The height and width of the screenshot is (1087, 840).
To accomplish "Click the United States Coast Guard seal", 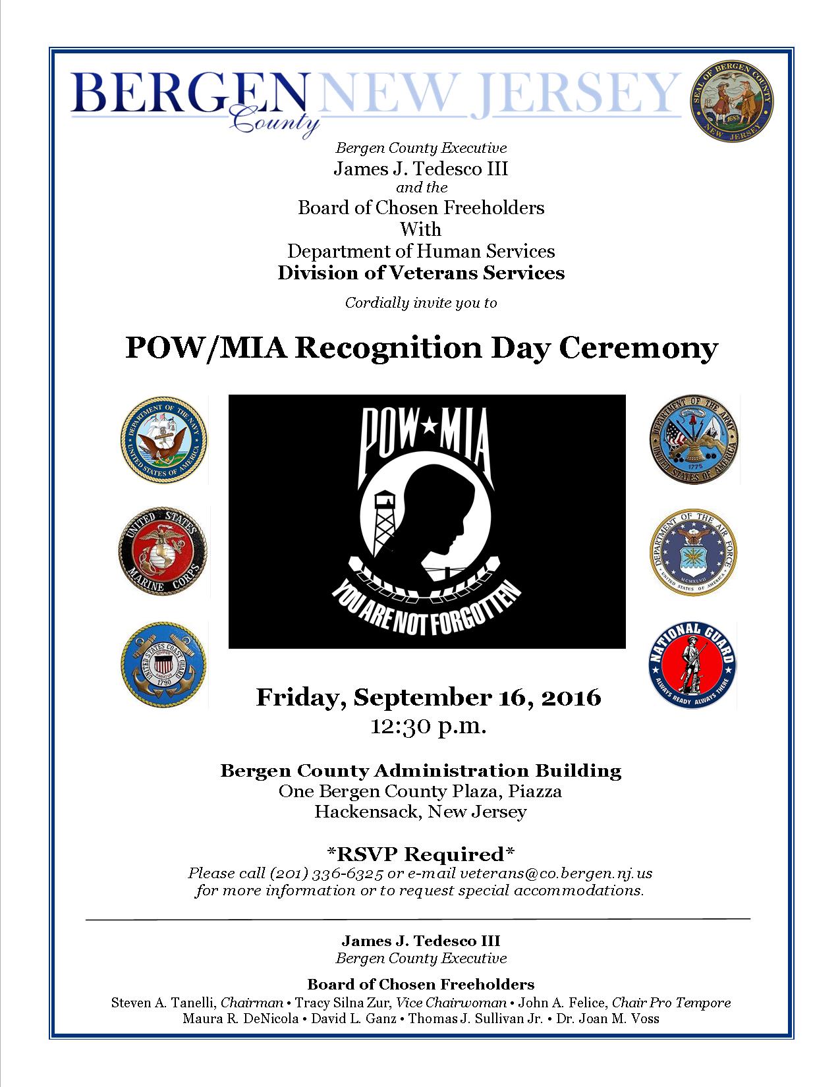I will coord(163,663).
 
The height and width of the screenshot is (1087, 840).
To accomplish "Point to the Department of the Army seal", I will coord(692,439).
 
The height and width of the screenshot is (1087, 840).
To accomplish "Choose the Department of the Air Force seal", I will coord(692,552).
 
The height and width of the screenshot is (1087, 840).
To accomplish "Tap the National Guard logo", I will coord(692,664).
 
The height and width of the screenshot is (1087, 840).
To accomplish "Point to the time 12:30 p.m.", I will coord(428,727).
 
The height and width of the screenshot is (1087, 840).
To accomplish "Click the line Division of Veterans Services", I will coord(421,273).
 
